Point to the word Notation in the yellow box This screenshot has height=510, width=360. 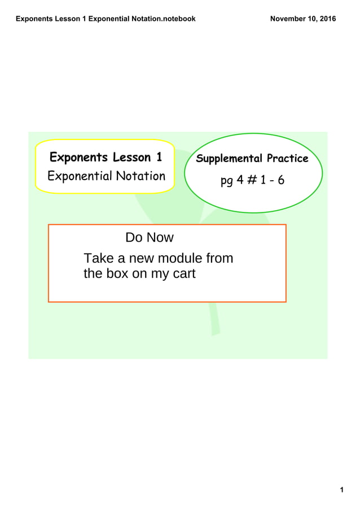click(x=141, y=176)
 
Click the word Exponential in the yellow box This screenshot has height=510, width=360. click(x=81, y=176)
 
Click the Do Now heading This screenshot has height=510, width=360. click(x=150, y=238)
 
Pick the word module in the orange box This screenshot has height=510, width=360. click(x=178, y=259)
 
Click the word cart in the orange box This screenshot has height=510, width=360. click(x=182, y=275)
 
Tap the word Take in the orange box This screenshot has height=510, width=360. click(x=97, y=259)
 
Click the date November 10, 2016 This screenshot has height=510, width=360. click(x=303, y=19)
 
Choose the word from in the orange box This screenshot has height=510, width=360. click(x=220, y=259)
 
